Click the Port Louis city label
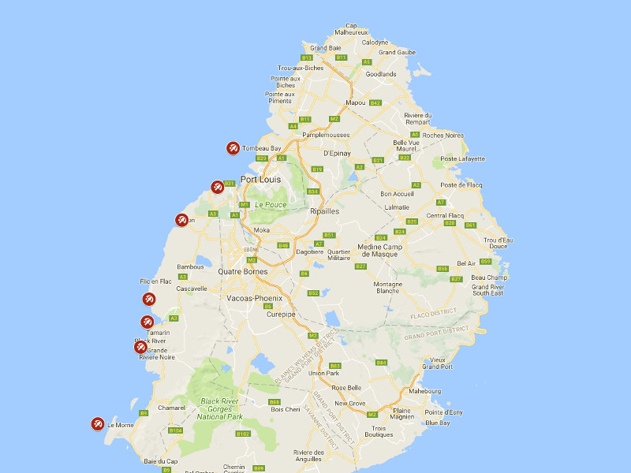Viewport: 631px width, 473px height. (260, 179)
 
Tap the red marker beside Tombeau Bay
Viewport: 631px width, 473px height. (233, 147)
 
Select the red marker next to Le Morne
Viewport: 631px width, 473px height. (98, 424)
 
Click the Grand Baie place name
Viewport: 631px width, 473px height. (326, 48)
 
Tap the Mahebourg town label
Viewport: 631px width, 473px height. (431, 391)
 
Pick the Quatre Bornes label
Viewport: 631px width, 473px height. (242, 272)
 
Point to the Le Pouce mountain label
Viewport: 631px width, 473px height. (271, 205)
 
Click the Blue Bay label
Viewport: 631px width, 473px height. (438, 423)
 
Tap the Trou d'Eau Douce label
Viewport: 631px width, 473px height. (498, 243)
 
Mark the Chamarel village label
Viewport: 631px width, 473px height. (171, 408)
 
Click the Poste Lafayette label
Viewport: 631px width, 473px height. (462, 159)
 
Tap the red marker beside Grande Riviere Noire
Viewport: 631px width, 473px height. (140, 347)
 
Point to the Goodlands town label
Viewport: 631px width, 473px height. (381, 74)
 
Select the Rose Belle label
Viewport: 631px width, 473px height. (347, 387)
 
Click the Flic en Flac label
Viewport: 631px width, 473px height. (155, 281)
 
